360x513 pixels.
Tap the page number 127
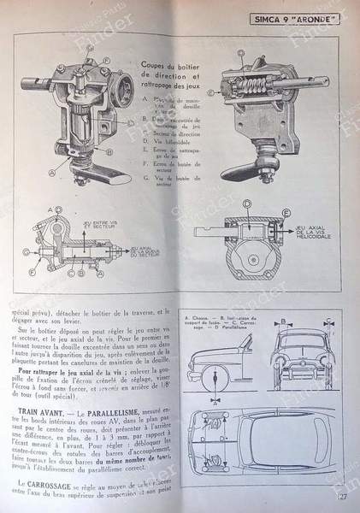tap(340, 489)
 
